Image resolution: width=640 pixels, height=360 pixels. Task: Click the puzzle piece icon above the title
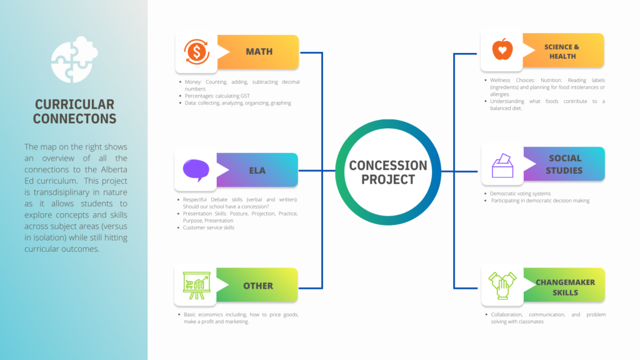click(x=74, y=59)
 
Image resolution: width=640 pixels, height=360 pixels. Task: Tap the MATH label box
click(x=258, y=52)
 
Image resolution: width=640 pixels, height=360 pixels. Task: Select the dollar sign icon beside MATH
click(x=196, y=52)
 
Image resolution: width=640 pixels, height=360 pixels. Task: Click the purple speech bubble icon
click(x=196, y=170)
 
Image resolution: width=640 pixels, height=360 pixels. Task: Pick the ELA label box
click(x=257, y=170)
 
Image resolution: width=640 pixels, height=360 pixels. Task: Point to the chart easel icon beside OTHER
click(x=196, y=285)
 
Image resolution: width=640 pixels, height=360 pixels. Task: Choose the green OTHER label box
click(x=257, y=285)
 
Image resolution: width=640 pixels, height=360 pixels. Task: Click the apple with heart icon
click(x=502, y=49)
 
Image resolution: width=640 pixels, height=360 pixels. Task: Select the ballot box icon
click(x=502, y=165)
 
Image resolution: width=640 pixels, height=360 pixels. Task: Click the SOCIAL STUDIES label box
click(x=564, y=164)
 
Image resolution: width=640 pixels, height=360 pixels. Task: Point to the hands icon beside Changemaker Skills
click(x=502, y=285)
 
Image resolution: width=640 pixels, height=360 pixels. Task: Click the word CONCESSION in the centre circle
click(x=388, y=165)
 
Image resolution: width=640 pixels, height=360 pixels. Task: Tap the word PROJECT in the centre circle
click(x=388, y=179)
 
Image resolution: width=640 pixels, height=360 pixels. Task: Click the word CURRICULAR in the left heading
click(x=75, y=104)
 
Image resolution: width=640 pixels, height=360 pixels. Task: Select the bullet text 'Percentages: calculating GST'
click(x=217, y=96)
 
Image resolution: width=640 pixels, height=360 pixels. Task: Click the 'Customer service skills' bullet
click(x=209, y=227)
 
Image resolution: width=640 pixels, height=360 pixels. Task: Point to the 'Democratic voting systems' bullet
click(x=521, y=194)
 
